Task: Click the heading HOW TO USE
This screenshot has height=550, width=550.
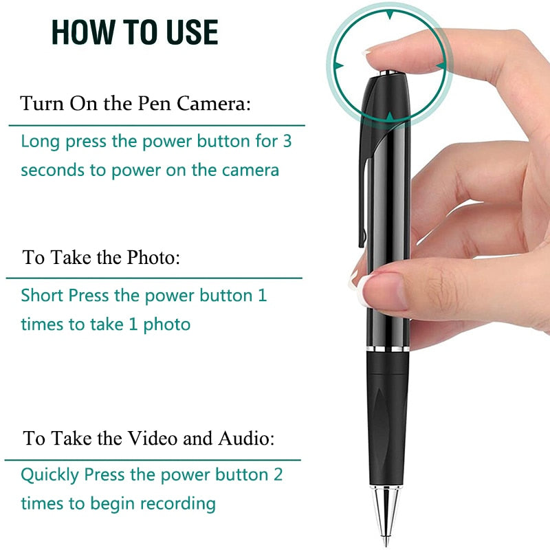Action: (135, 32)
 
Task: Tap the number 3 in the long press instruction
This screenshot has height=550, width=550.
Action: (287, 142)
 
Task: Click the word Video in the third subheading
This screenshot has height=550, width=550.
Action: (153, 438)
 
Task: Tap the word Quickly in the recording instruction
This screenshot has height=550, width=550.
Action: (49, 475)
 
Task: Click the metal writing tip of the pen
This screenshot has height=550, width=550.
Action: (386, 512)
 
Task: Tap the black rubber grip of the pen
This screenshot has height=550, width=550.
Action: (387, 419)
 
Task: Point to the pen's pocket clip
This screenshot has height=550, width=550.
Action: (364, 192)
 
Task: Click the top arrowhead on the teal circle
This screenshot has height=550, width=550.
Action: (390, 13)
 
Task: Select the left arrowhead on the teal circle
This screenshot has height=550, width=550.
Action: (338, 66)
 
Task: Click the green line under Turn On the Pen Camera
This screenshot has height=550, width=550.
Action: (155, 126)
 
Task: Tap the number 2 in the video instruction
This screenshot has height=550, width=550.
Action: (278, 475)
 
